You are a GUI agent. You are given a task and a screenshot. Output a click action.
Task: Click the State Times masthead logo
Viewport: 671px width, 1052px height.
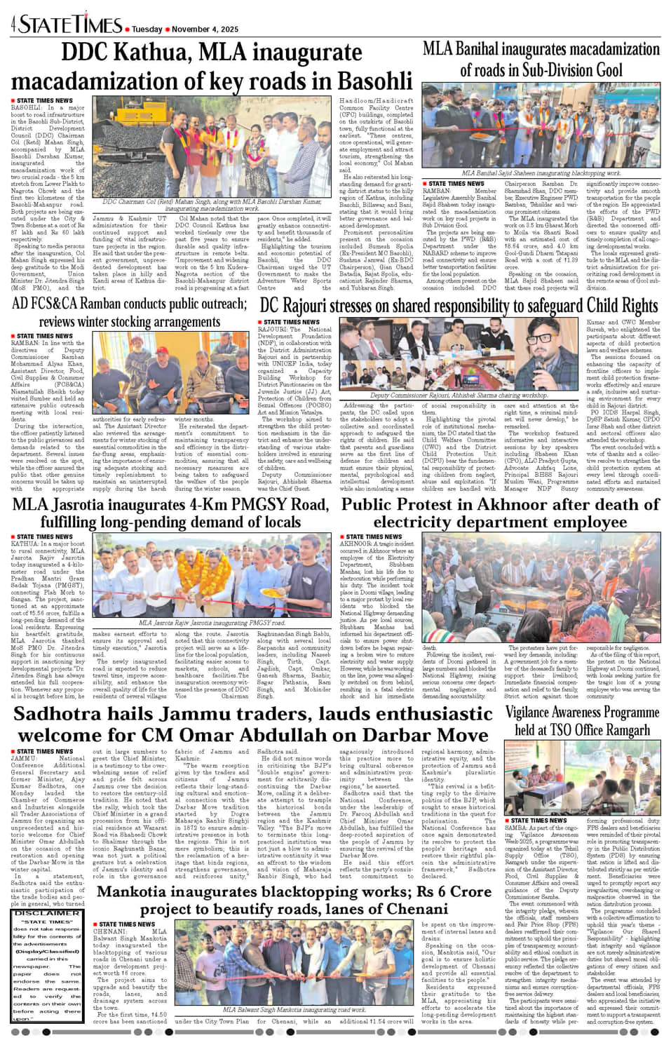click(x=70, y=25)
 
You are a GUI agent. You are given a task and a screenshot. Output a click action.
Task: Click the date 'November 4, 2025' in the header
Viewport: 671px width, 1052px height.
click(x=205, y=29)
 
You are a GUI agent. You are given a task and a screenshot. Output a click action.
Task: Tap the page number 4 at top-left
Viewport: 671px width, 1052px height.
click(x=13, y=26)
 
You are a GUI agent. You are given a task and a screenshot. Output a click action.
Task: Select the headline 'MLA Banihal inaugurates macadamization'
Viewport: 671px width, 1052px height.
click(x=541, y=50)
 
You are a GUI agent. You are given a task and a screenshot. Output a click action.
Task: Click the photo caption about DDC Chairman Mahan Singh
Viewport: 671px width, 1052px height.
click(x=212, y=205)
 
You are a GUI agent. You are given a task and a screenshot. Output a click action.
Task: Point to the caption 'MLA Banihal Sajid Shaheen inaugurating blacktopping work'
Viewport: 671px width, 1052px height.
click(x=541, y=173)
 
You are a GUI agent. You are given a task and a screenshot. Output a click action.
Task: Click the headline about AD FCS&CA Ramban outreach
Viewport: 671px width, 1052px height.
click(x=130, y=313)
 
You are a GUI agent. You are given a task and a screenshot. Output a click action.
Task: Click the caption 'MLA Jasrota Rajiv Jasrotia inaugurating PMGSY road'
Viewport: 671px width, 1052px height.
click(x=212, y=623)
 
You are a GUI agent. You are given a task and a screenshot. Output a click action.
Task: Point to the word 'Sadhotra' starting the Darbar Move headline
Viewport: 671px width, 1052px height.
click(x=59, y=714)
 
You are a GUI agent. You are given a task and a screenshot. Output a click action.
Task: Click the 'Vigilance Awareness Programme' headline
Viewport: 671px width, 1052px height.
click(x=582, y=713)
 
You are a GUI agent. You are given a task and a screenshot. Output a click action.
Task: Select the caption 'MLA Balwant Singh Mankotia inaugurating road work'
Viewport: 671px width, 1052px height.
click(x=294, y=1010)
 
